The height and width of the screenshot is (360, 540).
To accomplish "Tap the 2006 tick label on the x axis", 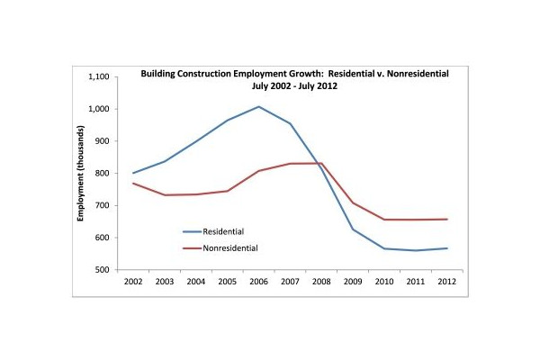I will click(258, 282).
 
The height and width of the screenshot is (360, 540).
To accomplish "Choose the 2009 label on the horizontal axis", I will click(352, 282).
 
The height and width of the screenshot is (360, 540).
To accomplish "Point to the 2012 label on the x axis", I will click(445, 282).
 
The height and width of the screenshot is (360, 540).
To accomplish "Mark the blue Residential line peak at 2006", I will click(258, 107).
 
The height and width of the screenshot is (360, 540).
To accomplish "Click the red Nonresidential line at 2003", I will click(165, 194).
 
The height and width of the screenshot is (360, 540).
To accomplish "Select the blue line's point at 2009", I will click(352, 229).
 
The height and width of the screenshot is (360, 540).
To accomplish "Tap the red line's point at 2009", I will click(352, 202).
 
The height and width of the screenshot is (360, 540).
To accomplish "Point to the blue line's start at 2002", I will click(133, 173).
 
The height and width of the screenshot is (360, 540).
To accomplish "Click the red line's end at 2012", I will click(445, 220).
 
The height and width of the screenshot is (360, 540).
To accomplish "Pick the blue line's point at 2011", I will click(415, 250).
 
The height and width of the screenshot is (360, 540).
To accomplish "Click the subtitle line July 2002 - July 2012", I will click(295, 89).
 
